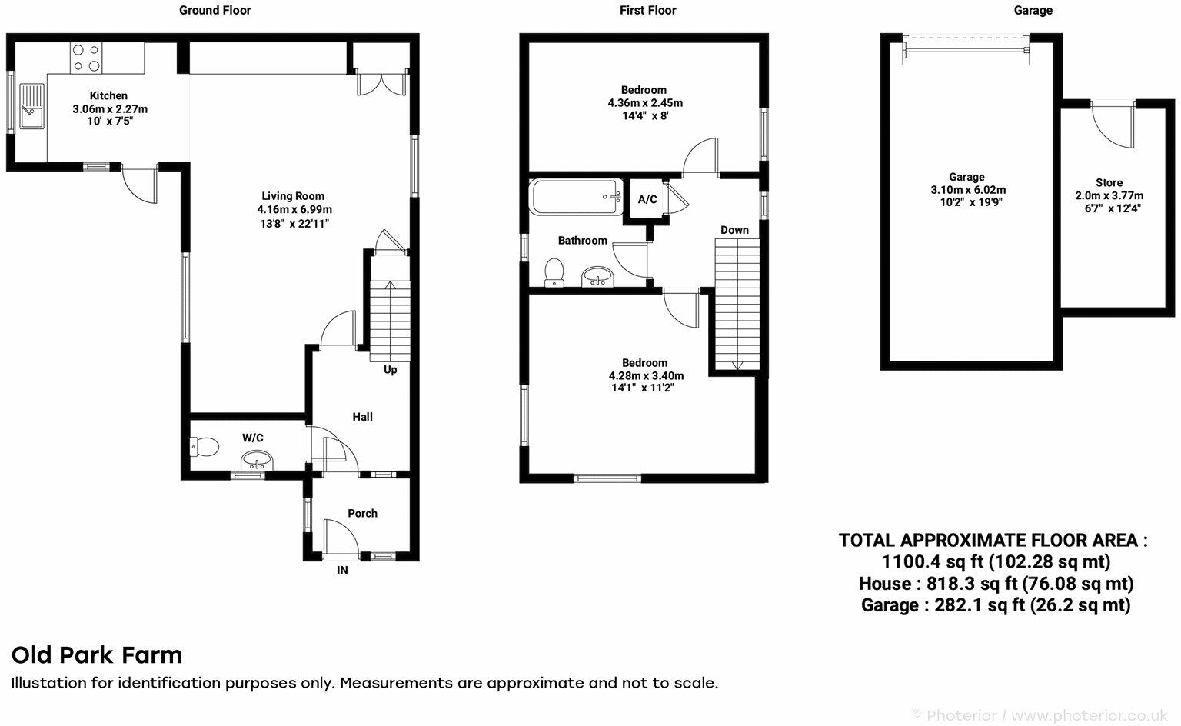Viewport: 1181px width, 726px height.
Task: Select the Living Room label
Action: coord(293,196)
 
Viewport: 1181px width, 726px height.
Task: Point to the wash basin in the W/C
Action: coord(256,461)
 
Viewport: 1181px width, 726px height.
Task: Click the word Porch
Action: coord(362,513)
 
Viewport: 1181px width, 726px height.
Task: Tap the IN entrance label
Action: coord(342,570)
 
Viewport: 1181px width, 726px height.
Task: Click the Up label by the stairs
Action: coord(391,369)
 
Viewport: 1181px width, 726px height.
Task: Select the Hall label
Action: coord(362,416)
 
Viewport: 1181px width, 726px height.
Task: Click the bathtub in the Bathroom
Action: coord(575,197)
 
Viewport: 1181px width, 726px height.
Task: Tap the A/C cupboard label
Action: coord(647,200)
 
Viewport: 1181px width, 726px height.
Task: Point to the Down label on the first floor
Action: coord(734,230)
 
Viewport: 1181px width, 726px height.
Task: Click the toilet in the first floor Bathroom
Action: coord(554,272)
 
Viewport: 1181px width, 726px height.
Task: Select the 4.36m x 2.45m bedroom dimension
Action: coord(644,102)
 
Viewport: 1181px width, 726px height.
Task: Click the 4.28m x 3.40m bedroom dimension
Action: coord(646,375)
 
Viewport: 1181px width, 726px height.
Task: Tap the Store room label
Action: coord(1109,183)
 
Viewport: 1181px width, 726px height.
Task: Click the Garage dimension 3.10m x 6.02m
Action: coord(966,190)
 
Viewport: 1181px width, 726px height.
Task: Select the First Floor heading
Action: coord(647,10)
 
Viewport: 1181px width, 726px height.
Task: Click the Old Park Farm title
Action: coord(97,655)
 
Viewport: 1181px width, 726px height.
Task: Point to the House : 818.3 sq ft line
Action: coord(995,584)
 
